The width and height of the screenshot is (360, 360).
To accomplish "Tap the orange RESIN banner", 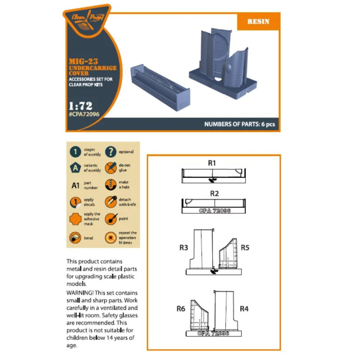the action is click(258, 22).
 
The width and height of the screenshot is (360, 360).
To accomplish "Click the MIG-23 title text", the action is click(84, 62).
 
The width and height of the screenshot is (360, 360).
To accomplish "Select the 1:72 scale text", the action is click(81, 106).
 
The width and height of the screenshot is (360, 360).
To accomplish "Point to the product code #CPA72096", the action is click(84, 114).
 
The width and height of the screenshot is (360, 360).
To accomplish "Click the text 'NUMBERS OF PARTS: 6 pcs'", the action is click(239, 124).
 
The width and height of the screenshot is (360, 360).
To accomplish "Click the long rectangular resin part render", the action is click(160, 87).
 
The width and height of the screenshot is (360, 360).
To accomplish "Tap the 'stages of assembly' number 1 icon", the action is click(75, 152).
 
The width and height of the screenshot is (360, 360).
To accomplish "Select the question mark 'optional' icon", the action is click(111, 152).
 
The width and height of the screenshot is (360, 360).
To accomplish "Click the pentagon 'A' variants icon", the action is click(75, 168).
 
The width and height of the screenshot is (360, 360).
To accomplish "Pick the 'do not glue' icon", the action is click(111, 168).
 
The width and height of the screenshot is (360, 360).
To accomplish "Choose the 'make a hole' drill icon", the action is click(111, 185).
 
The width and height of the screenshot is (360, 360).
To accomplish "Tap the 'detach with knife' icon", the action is click(111, 202).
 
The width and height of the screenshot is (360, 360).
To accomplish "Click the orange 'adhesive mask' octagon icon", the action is click(75, 219).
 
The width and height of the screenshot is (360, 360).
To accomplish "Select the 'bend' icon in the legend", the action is click(75, 238).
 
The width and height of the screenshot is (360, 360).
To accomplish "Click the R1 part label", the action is click(212, 163).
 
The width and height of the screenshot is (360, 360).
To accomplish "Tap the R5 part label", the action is click(245, 248).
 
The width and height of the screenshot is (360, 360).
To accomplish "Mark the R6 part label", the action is click(181, 309).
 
